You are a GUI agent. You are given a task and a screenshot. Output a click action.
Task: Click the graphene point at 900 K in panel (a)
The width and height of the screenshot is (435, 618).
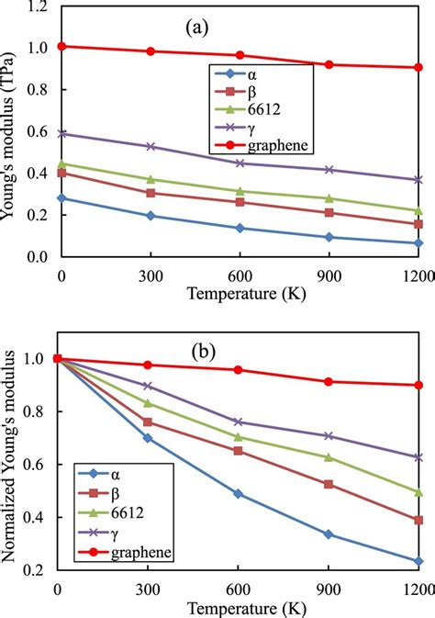[x=329, y=64]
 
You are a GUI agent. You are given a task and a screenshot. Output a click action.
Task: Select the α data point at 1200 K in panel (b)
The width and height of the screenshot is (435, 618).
[x=418, y=561]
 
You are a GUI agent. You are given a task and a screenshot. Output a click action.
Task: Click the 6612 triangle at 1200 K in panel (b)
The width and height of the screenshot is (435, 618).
[x=418, y=492]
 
